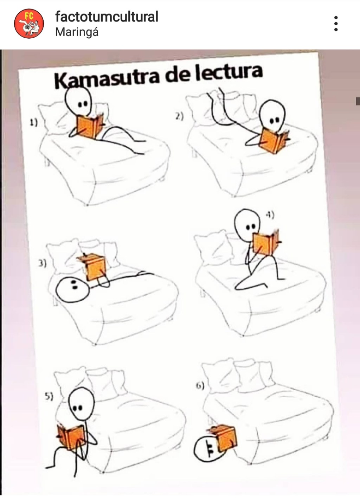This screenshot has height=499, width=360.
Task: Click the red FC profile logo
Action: [29, 24]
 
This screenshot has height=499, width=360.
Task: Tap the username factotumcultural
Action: [107, 17]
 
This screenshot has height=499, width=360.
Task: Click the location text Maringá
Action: [77, 32]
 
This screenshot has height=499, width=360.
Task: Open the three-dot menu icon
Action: [336, 24]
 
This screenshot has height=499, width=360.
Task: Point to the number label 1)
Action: [33, 123]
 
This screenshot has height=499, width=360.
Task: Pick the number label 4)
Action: [269, 215]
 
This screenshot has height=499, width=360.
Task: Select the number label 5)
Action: [49, 396]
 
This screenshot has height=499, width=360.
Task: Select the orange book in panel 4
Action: [266, 242]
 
